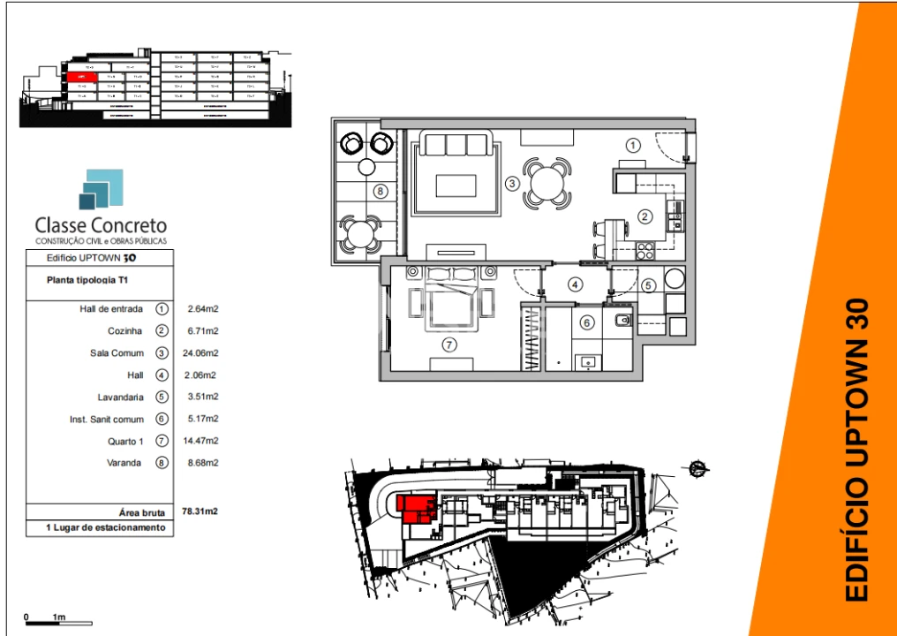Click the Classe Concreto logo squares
pyautogui.click(x=100, y=190)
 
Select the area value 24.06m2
pyautogui.click(x=202, y=352)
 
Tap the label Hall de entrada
pyautogui.click(x=111, y=309)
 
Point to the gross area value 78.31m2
pyautogui.click(x=200, y=511)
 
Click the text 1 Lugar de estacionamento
pyautogui.click(x=106, y=527)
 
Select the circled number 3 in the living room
pyautogui.click(x=511, y=184)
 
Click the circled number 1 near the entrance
pyautogui.click(x=632, y=144)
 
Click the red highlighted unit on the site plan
pyautogui.click(x=414, y=509)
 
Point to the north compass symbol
pyautogui.click(x=697, y=467)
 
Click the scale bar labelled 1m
pyautogui.click(x=46, y=622)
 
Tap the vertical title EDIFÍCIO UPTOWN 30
pyautogui.click(x=857, y=450)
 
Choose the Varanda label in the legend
pyautogui.click(x=124, y=462)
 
